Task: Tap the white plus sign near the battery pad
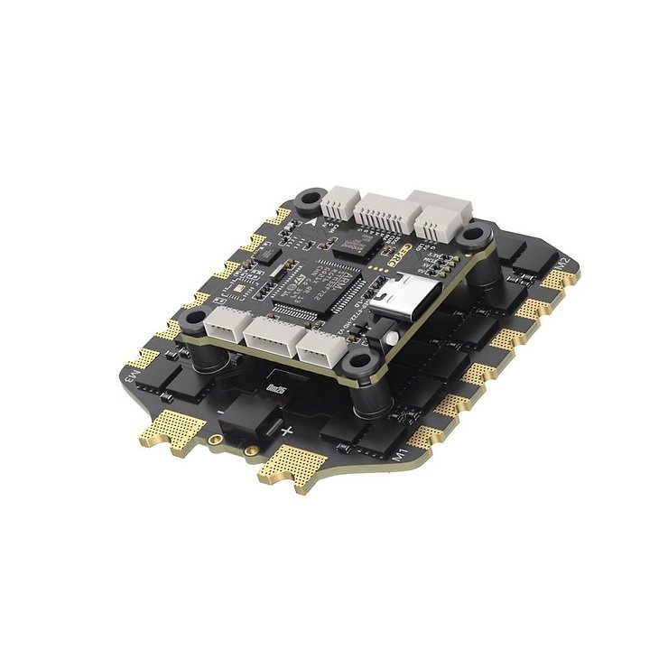coord(287,431)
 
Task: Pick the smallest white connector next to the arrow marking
coord(340,202)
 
